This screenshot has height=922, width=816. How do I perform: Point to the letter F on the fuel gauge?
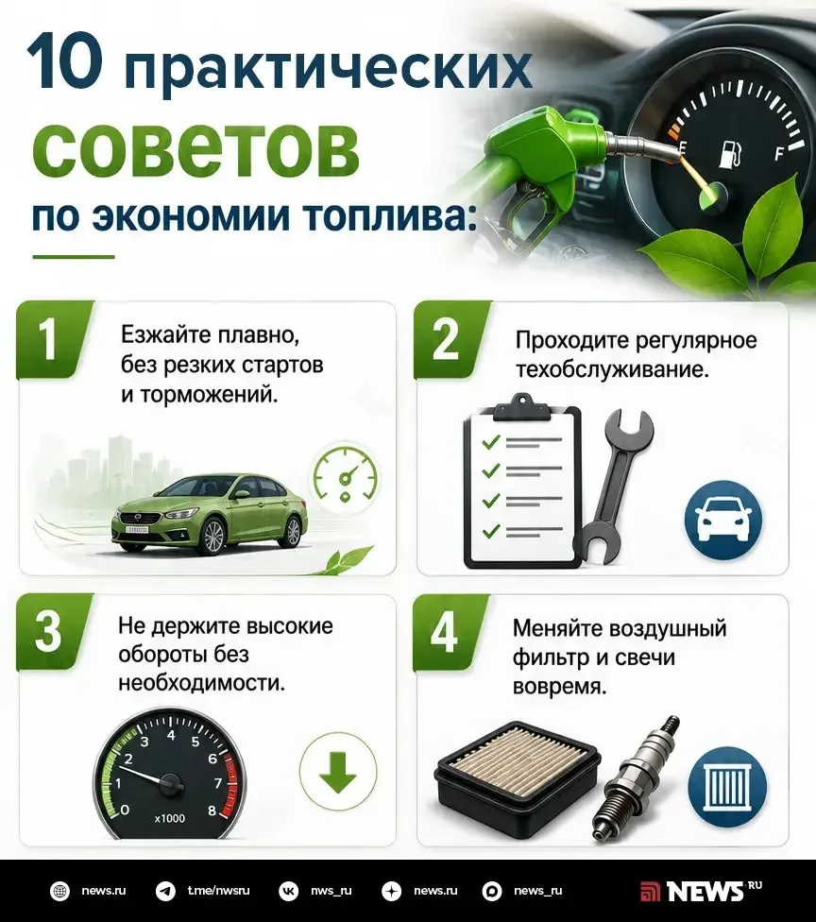(779, 153)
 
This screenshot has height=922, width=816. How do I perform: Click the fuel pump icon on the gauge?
(731, 153)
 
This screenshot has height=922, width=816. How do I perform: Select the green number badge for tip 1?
(54, 339)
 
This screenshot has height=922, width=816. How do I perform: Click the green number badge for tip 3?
(53, 632)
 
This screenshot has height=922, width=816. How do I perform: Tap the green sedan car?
(210, 513)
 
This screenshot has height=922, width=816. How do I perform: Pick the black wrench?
(614, 487)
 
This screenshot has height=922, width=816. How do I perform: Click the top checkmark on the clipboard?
(491, 441)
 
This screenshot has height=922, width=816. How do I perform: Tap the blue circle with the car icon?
(723, 521)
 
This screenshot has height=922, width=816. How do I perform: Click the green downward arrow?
(337, 772)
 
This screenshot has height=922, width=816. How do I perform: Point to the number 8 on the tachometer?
(212, 811)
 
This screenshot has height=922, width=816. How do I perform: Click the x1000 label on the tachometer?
(169, 818)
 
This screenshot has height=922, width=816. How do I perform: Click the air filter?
(518, 779)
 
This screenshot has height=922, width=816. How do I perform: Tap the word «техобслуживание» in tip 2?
(612, 370)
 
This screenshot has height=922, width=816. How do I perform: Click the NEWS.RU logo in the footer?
(702, 891)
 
